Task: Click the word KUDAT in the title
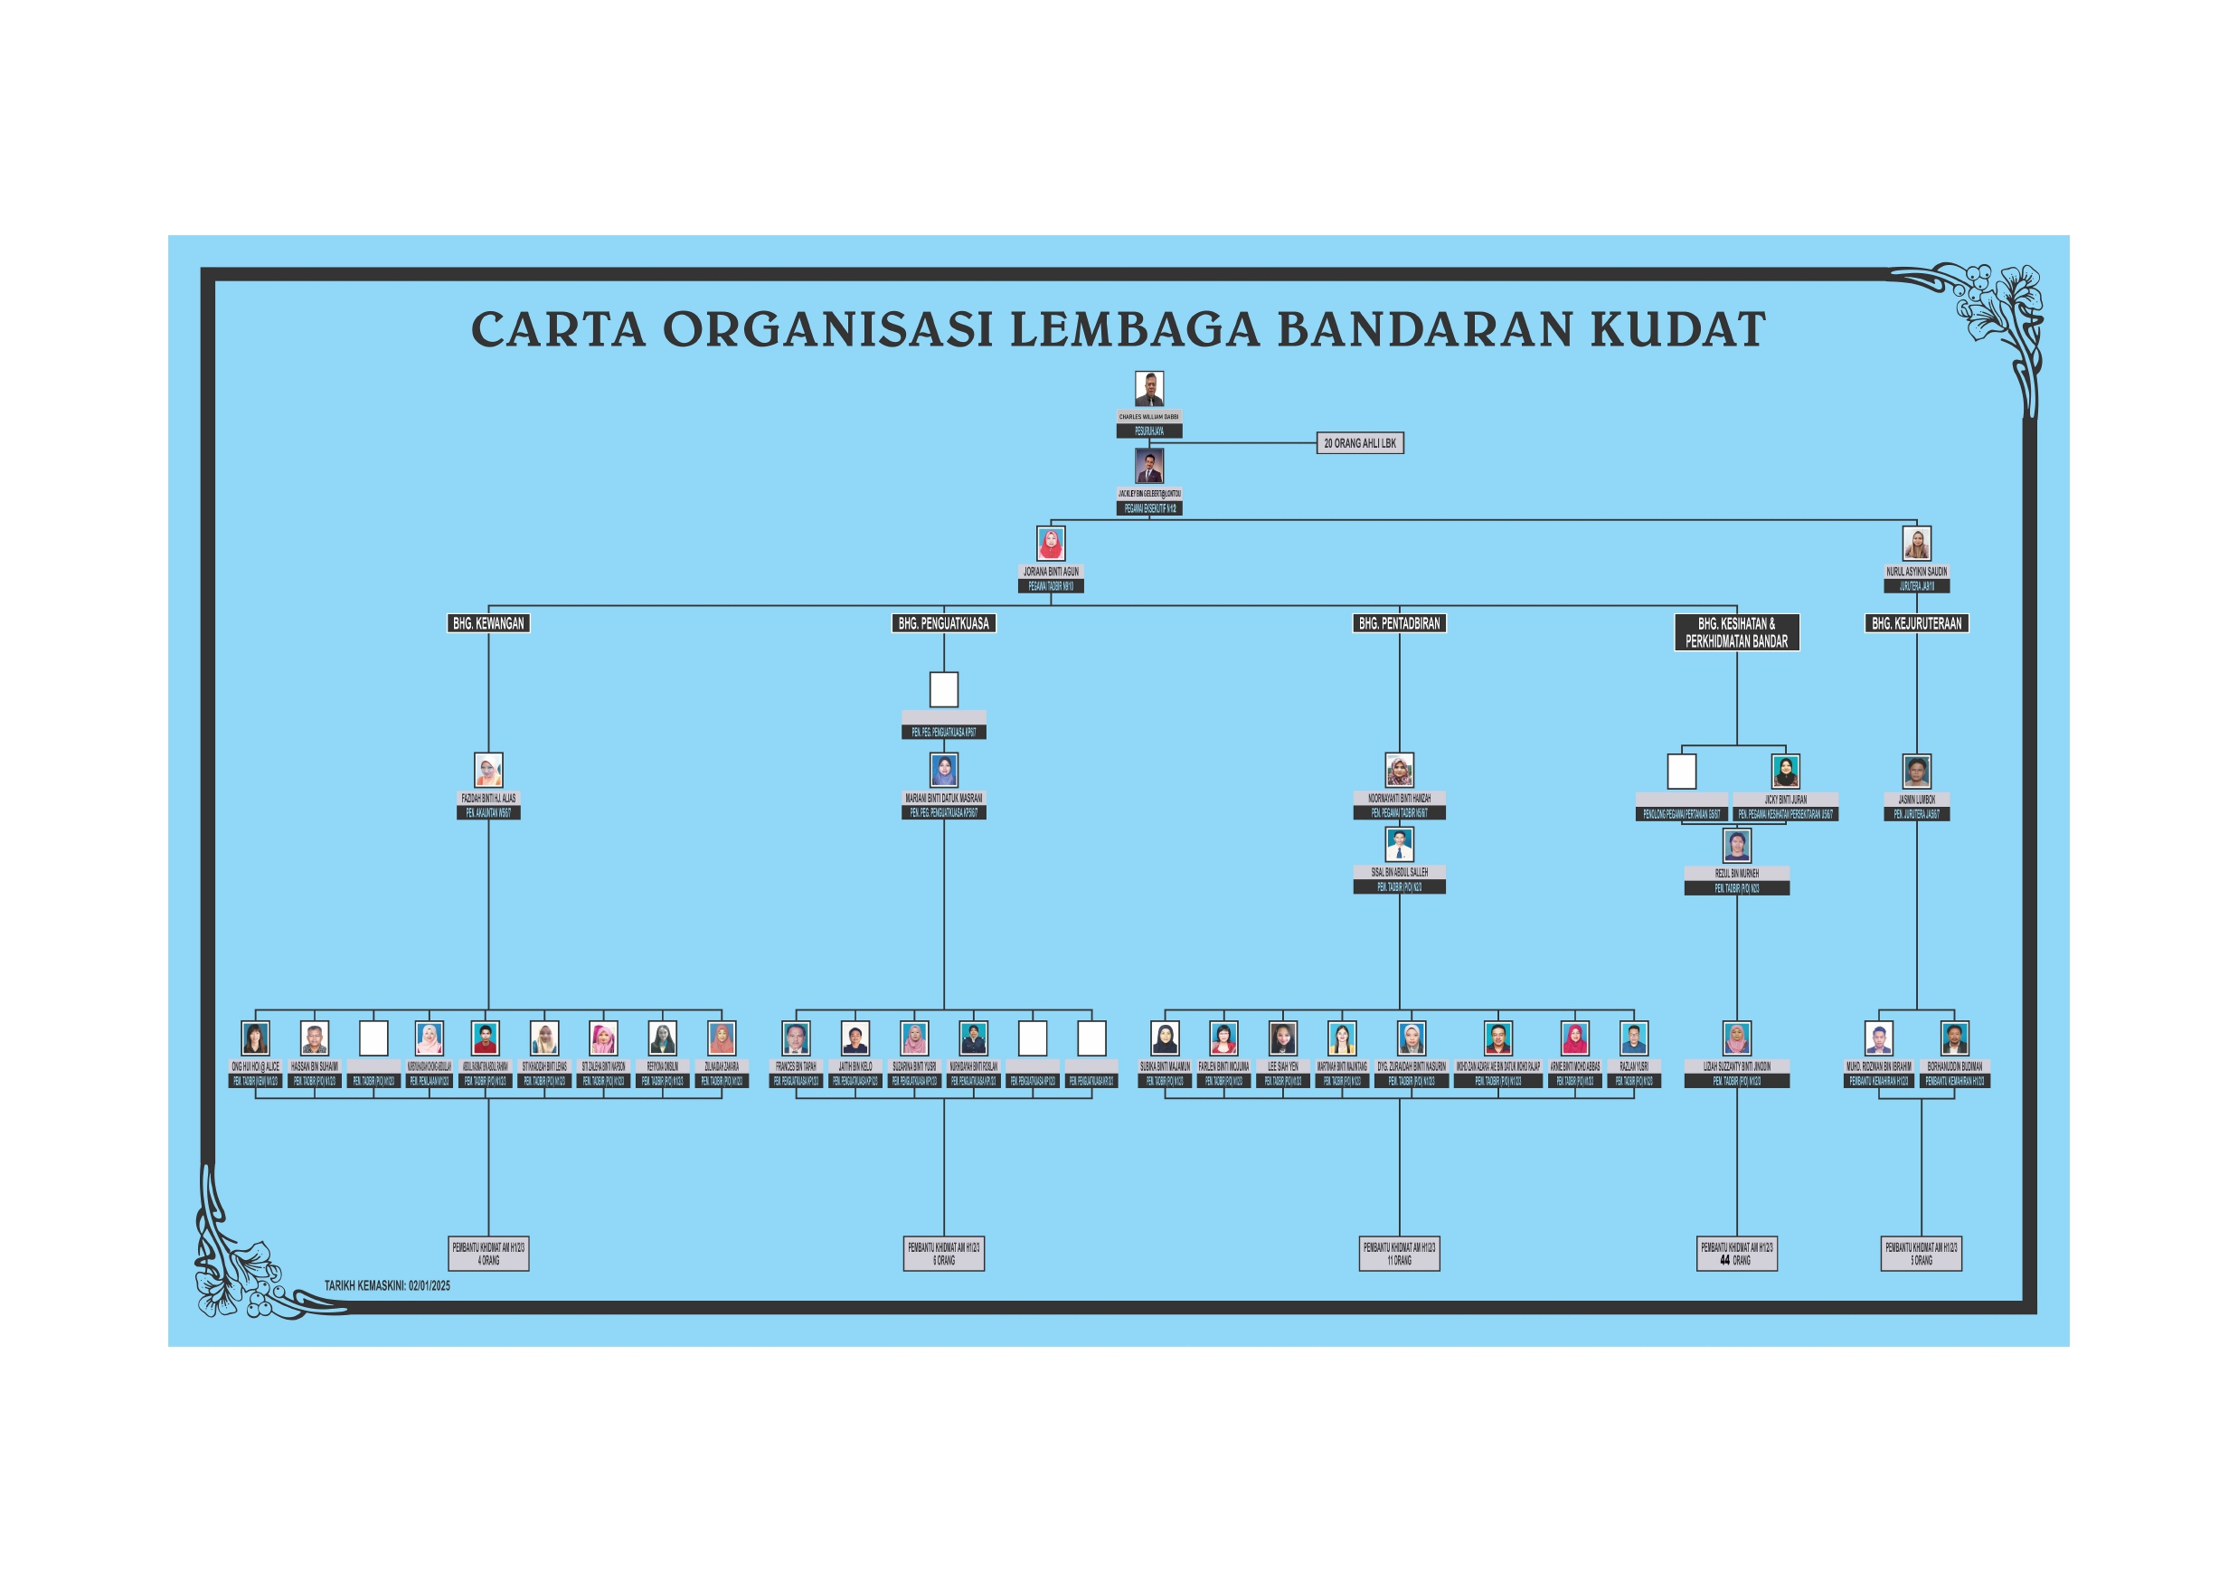coord(1677,329)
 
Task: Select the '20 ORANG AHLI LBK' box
coord(1360,443)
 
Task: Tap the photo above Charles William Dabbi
coord(1149,389)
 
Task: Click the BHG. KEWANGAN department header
coord(488,623)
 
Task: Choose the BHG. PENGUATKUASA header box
coord(943,623)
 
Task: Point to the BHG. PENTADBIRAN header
coord(1399,623)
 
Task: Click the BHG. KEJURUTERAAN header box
coord(1916,623)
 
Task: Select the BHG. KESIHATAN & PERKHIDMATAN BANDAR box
coord(1736,631)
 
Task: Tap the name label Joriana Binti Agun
coord(1051,571)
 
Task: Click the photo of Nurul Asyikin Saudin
coord(1916,543)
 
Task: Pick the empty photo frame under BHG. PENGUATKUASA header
coord(943,689)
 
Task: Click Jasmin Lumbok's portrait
coord(1916,771)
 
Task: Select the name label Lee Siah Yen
coord(1283,1066)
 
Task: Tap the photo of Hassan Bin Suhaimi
coord(314,1038)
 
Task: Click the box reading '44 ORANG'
coord(1736,1254)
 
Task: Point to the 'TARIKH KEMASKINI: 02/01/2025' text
coord(387,1285)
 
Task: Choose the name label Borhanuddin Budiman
coord(1954,1066)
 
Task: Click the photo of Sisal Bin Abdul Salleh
coord(1399,844)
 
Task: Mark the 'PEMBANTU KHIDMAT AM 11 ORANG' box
coord(1399,1254)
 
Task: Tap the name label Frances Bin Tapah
coord(796,1066)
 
